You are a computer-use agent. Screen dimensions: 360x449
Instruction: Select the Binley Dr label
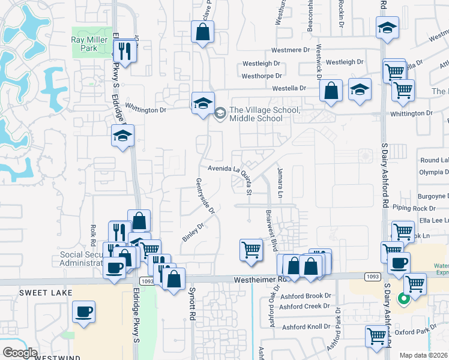[x=193, y=232]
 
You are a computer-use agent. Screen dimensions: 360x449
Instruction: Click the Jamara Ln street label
[x=280, y=183]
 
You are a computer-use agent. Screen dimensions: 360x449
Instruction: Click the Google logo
[x=20, y=353]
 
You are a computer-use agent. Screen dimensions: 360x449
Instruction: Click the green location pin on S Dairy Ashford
[x=403, y=297]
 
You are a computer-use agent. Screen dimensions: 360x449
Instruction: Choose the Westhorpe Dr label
[x=262, y=76]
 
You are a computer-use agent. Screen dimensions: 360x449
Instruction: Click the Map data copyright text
[x=424, y=355]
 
